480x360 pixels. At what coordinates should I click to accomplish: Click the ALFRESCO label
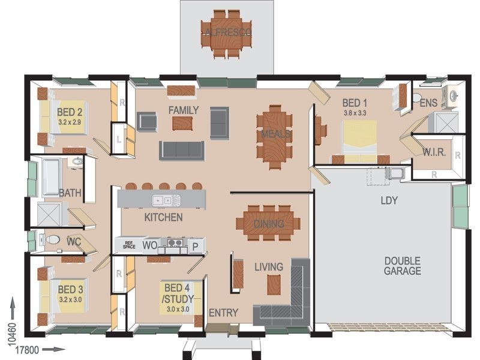229,32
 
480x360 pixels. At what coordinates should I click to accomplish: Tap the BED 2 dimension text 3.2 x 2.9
70,122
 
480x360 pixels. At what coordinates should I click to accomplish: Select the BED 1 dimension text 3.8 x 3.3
355,113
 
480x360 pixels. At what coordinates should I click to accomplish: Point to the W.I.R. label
434,152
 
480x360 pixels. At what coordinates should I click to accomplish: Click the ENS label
428,103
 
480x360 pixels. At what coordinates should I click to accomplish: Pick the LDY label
389,200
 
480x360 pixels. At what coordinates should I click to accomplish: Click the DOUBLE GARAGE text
402,266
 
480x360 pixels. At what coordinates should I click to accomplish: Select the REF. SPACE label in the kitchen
129,245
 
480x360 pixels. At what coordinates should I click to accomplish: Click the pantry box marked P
195,246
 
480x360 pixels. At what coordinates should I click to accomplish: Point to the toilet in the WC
53,239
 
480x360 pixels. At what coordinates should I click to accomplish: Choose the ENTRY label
223,313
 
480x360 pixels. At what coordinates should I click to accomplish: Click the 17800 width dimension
27,350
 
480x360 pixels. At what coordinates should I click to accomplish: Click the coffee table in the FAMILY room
182,124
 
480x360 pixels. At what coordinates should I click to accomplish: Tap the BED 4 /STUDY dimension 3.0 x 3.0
178,309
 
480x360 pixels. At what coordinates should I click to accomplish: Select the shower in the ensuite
443,122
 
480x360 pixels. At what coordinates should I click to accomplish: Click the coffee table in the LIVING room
274,284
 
